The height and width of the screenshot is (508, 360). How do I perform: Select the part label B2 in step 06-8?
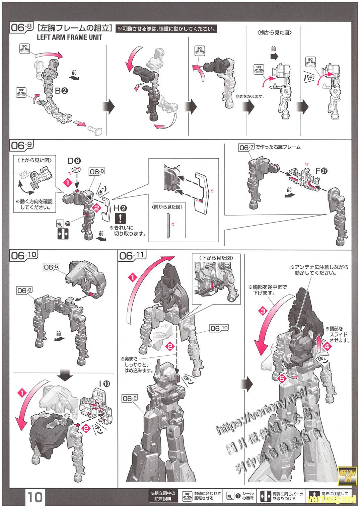[x=61, y=90]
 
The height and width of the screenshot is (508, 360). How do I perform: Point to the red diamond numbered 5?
[x=282, y=378]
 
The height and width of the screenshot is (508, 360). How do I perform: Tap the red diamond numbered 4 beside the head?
[x=328, y=347]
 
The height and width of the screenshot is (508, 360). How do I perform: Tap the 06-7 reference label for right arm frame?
[x=246, y=147]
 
